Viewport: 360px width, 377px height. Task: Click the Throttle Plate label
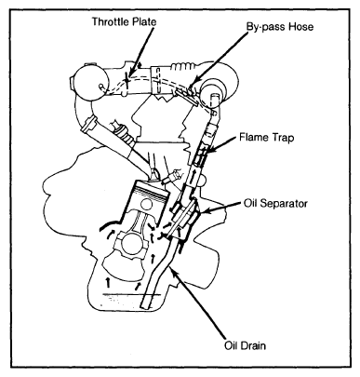coord(124,21)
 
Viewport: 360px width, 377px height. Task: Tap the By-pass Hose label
coord(280,27)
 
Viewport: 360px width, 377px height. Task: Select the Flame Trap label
coord(266,137)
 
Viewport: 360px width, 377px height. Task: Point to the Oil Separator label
coord(275,203)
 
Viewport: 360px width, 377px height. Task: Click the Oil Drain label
coord(245,345)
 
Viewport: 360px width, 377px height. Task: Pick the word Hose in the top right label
coord(301,27)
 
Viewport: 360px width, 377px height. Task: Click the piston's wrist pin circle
coord(146,205)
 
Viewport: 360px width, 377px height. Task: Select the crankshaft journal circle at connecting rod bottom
coord(131,244)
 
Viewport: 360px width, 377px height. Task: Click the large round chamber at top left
coord(89,82)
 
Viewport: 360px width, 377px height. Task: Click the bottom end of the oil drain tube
coord(146,307)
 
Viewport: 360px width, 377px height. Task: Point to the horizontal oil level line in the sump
coord(132,294)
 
